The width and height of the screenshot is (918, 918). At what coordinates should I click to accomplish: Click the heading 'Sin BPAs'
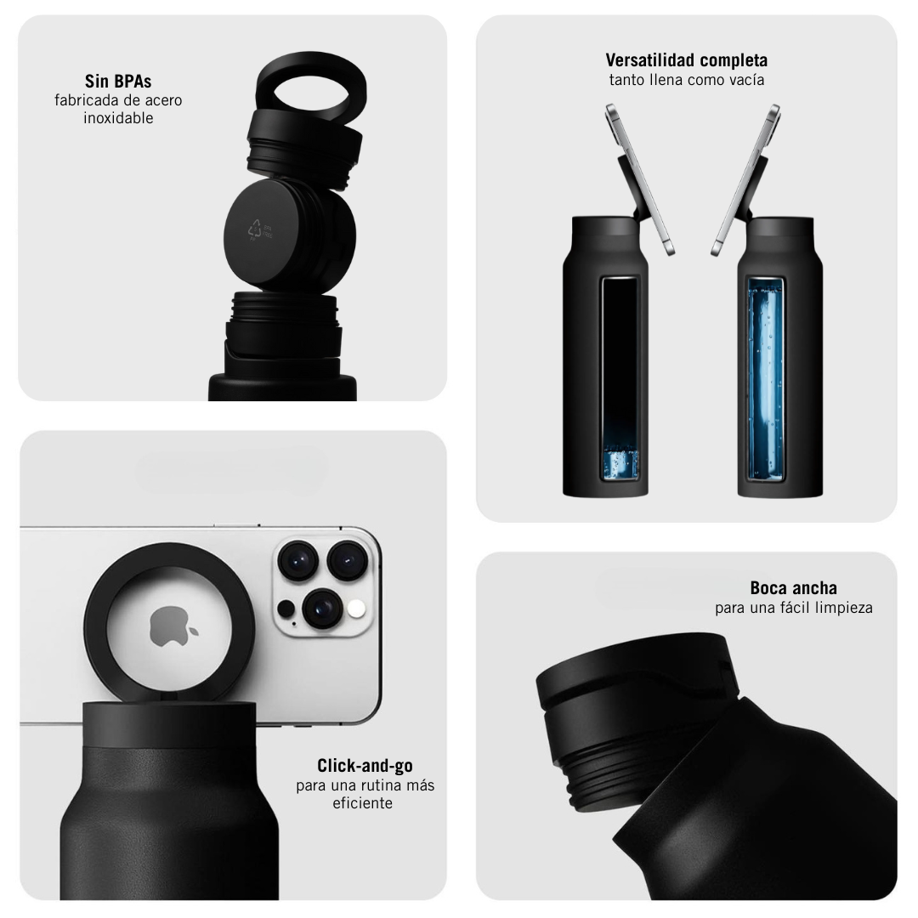[x=118, y=81]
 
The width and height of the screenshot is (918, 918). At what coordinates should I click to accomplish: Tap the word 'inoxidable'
[x=118, y=117]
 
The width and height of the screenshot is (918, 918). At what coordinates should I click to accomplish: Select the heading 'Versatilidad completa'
[x=686, y=60]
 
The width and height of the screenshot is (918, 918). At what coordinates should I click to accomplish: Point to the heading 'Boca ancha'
[x=793, y=588]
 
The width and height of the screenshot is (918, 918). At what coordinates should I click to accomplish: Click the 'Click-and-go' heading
[x=365, y=766]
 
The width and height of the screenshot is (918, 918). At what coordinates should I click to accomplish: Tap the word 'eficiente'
[x=362, y=802]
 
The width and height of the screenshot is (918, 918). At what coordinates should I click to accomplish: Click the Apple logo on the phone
[x=173, y=626]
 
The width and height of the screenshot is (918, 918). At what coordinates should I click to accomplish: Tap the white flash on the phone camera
[x=356, y=609]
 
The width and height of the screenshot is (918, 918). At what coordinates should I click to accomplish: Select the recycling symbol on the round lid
[x=255, y=229]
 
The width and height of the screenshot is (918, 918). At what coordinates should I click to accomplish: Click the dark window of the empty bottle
[x=620, y=378]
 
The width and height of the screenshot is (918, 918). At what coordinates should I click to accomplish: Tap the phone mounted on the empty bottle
[x=639, y=179]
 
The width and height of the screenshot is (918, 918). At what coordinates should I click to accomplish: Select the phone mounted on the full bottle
[x=745, y=179]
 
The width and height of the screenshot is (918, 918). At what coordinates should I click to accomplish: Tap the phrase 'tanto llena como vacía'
[x=686, y=80]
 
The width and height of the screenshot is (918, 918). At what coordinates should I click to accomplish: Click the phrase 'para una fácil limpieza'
[x=793, y=608]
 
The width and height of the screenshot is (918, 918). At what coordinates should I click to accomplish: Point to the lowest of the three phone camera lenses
[x=321, y=609]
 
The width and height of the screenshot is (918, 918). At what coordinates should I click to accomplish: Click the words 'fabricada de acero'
[x=118, y=100]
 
